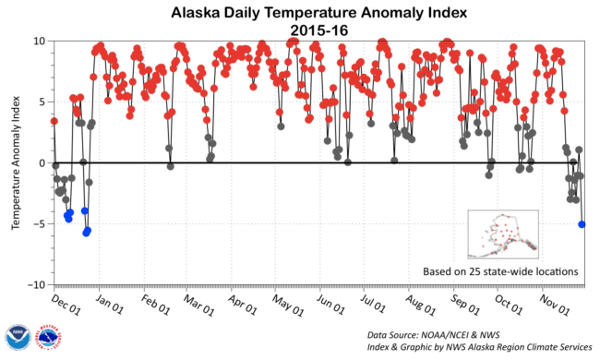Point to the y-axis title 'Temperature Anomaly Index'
click(16, 162)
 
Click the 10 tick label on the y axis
click(40, 41)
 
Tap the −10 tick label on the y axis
click(36, 284)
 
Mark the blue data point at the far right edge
click(582, 224)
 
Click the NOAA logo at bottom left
click(16, 337)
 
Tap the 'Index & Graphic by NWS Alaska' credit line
click(478, 347)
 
